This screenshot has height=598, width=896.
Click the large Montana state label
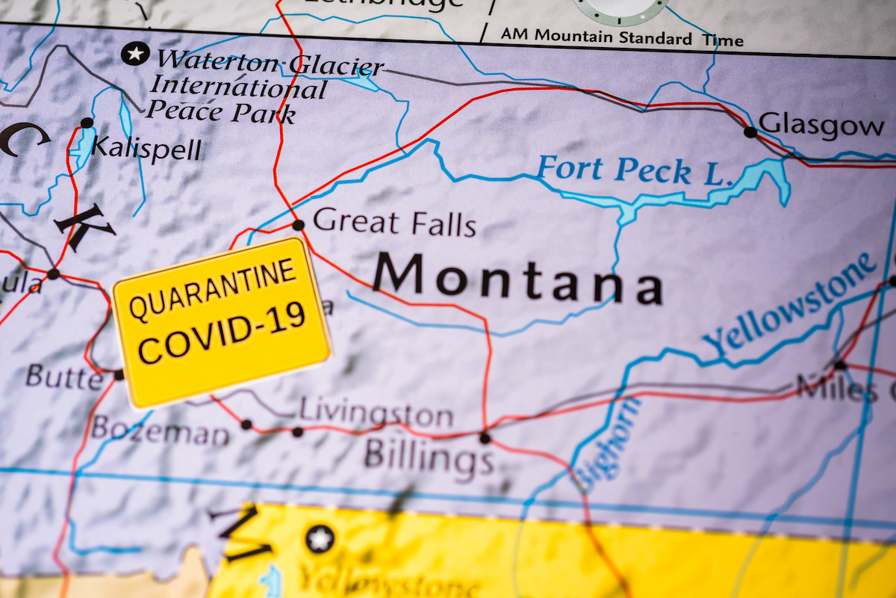517,279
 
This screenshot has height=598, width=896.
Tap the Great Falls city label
394,222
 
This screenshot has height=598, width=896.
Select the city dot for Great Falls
298,225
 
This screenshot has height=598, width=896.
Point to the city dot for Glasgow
750,132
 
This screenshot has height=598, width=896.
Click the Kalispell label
146,148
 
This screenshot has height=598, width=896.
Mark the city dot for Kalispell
87,123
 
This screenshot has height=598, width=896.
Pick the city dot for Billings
485,438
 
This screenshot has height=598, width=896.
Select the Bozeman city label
161,430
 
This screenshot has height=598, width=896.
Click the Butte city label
64,376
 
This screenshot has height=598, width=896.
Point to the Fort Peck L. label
632,170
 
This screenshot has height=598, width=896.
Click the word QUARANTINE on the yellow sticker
213,289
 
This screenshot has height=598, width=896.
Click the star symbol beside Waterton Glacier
135,53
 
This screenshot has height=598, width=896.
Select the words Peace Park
221,111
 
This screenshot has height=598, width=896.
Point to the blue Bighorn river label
607,443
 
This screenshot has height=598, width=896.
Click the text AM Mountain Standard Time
621,37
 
